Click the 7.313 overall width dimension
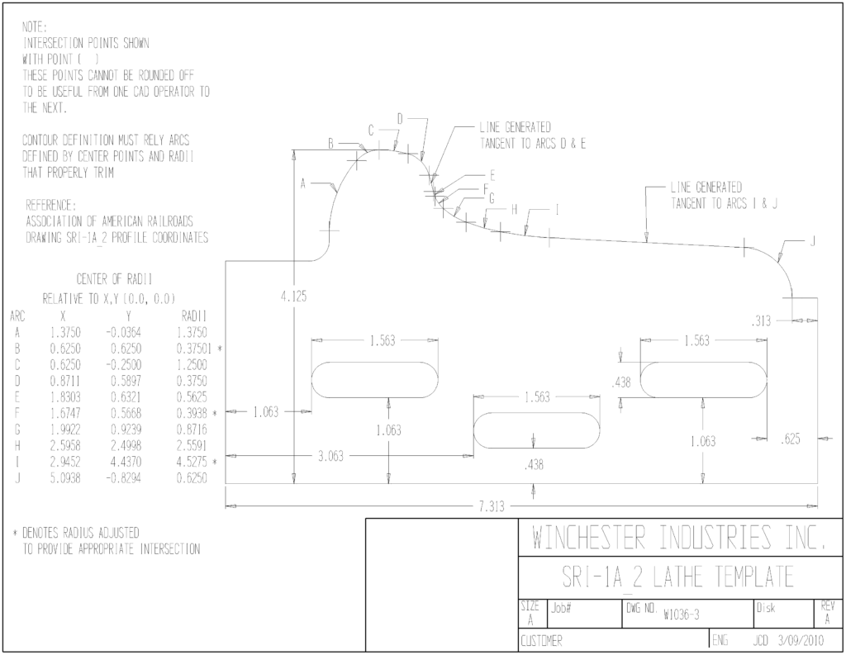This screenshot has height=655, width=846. point(491,506)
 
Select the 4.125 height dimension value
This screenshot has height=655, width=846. point(293,297)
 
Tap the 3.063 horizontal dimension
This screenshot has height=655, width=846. point(330,457)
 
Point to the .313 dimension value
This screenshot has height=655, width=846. point(761,321)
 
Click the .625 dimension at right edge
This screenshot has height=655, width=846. point(791,439)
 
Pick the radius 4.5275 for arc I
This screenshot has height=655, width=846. point(192,462)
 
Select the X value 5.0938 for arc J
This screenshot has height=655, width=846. point(65,478)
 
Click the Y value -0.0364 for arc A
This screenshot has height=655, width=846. point(124,332)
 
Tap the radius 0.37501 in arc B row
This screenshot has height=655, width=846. point(193,349)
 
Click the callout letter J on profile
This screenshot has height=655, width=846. point(813,242)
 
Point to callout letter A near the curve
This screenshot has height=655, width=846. point(303,184)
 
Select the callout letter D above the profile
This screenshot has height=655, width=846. point(400,119)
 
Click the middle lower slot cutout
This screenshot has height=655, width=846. point(536,430)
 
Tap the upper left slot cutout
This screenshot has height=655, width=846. point(374,380)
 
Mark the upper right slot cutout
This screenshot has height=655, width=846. point(704,380)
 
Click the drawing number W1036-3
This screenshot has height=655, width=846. point(682,615)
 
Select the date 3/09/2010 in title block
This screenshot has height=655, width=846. point(801,641)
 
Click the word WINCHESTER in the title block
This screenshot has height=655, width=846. point(588,538)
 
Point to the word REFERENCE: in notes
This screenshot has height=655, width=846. point(51,205)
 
